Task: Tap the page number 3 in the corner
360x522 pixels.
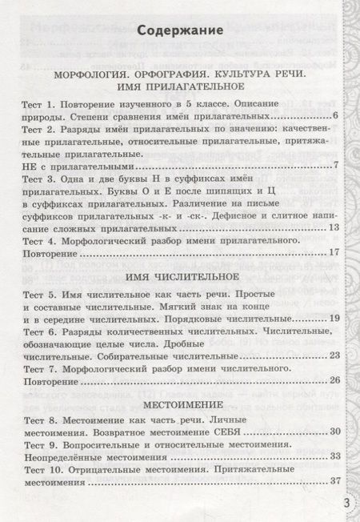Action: point(346,503)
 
